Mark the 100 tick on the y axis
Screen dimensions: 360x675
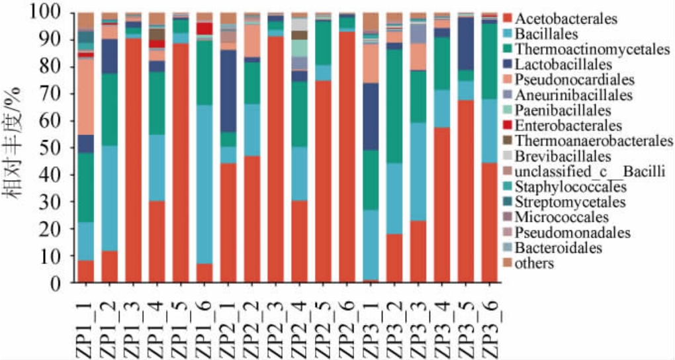pos(50,13)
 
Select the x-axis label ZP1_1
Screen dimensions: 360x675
pos(85,324)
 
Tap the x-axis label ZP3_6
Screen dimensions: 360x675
pos(490,324)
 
